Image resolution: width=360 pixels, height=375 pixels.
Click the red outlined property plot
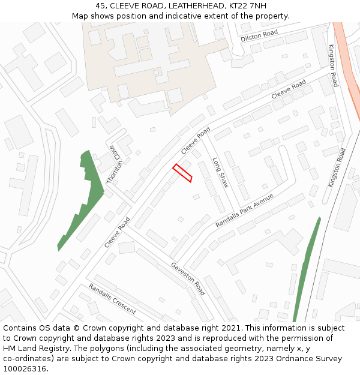coord(182,173)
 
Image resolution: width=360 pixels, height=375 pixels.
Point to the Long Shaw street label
coord(221,173)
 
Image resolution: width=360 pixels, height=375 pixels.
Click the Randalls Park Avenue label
coord(245,210)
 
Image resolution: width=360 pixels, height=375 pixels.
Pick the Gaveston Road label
coord(188,278)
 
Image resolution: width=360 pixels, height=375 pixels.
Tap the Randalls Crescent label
coord(112,299)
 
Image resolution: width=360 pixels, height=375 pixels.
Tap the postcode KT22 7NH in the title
coord(248,6)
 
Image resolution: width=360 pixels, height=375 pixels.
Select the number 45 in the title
coord(100,6)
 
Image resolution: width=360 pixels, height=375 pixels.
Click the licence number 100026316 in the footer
coord(26,369)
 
